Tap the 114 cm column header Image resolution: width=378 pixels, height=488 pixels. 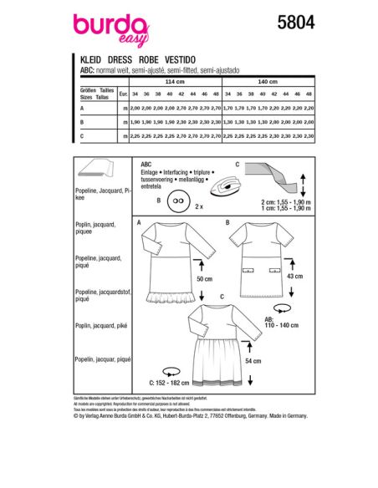pyautogui.click(x=175, y=82)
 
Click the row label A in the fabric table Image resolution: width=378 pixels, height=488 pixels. pyautogui.click(x=81, y=107)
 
